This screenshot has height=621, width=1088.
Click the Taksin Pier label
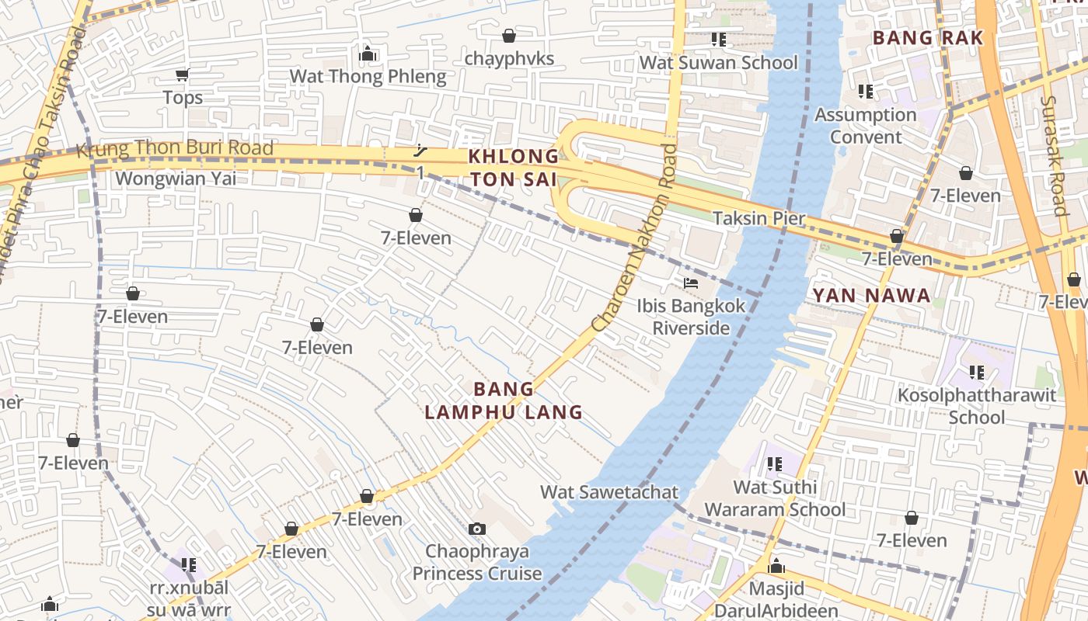click(758, 218)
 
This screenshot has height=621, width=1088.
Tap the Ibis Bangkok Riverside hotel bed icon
click(690, 283)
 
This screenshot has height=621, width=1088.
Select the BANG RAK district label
click(927, 38)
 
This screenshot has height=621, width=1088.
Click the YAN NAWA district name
click(871, 296)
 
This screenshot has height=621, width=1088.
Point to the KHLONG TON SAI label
click(513, 168)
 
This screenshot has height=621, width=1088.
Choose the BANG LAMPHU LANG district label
click(504, 401)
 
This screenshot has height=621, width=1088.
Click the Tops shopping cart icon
click(182, 75)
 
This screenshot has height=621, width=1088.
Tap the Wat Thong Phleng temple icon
click(368, 54)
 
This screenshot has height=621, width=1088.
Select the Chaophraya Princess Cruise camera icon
click(477, 529)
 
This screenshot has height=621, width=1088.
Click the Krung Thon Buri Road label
click(175, 147)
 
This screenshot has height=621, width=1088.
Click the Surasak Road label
click(1052, 155)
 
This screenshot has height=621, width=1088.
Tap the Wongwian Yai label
click(176, 179)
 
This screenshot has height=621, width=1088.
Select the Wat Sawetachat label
click(609, 492)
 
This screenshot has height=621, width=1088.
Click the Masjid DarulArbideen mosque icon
click(776, 566)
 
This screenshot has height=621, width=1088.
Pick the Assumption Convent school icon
click(865, 92)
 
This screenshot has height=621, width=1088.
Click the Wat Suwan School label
click(718, 63)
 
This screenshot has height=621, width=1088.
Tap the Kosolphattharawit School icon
click(976, 373)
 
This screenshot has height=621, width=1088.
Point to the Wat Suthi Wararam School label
click(775, 498)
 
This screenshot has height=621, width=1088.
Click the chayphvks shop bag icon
click(509, 36)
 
